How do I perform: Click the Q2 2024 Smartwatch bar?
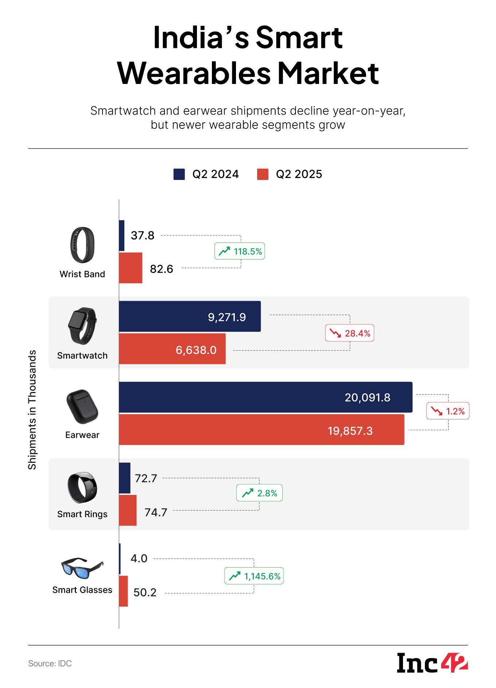click(190, 316)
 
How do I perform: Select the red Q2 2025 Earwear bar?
click(261, 430)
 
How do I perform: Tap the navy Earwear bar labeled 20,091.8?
click(266, 397)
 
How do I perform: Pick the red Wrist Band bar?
click(131, 268)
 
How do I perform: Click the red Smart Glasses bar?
click(124, 591)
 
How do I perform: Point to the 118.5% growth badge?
click(240, 251)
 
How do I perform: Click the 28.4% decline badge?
click(349, 333)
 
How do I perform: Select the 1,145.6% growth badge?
click(254, 576)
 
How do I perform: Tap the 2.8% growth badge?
click(259, 493)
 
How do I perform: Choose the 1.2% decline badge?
click(448, 411)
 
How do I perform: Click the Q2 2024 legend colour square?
click(179, 174)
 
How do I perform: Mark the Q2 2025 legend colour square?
click(263, 174)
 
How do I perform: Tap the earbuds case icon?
click(82, 406)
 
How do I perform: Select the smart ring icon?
click(82, 487)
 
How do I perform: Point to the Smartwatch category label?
click(82, 355)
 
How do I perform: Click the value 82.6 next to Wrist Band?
click(162, 269)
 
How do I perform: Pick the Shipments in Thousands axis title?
click(32, 410)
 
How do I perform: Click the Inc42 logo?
click(432, 663)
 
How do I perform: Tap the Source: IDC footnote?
click(50, 664)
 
